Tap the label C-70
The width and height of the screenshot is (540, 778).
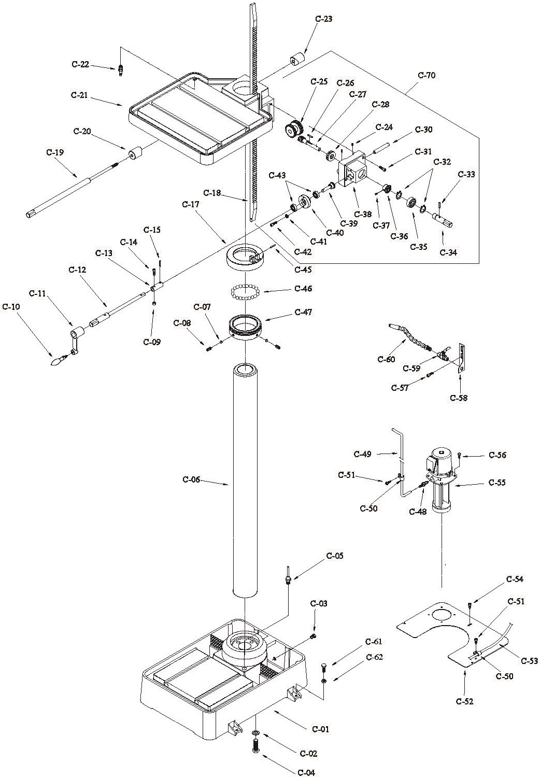click(427, 75)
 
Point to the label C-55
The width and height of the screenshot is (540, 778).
click(497, 483)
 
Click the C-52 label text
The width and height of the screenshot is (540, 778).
click(465, 701)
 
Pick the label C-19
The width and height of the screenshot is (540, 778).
click(55, 152)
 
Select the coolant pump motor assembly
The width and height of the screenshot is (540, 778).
click(439, 479)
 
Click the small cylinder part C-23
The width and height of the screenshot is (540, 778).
click(296, 60)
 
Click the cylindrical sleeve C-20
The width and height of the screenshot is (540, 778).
click(136, 154)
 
